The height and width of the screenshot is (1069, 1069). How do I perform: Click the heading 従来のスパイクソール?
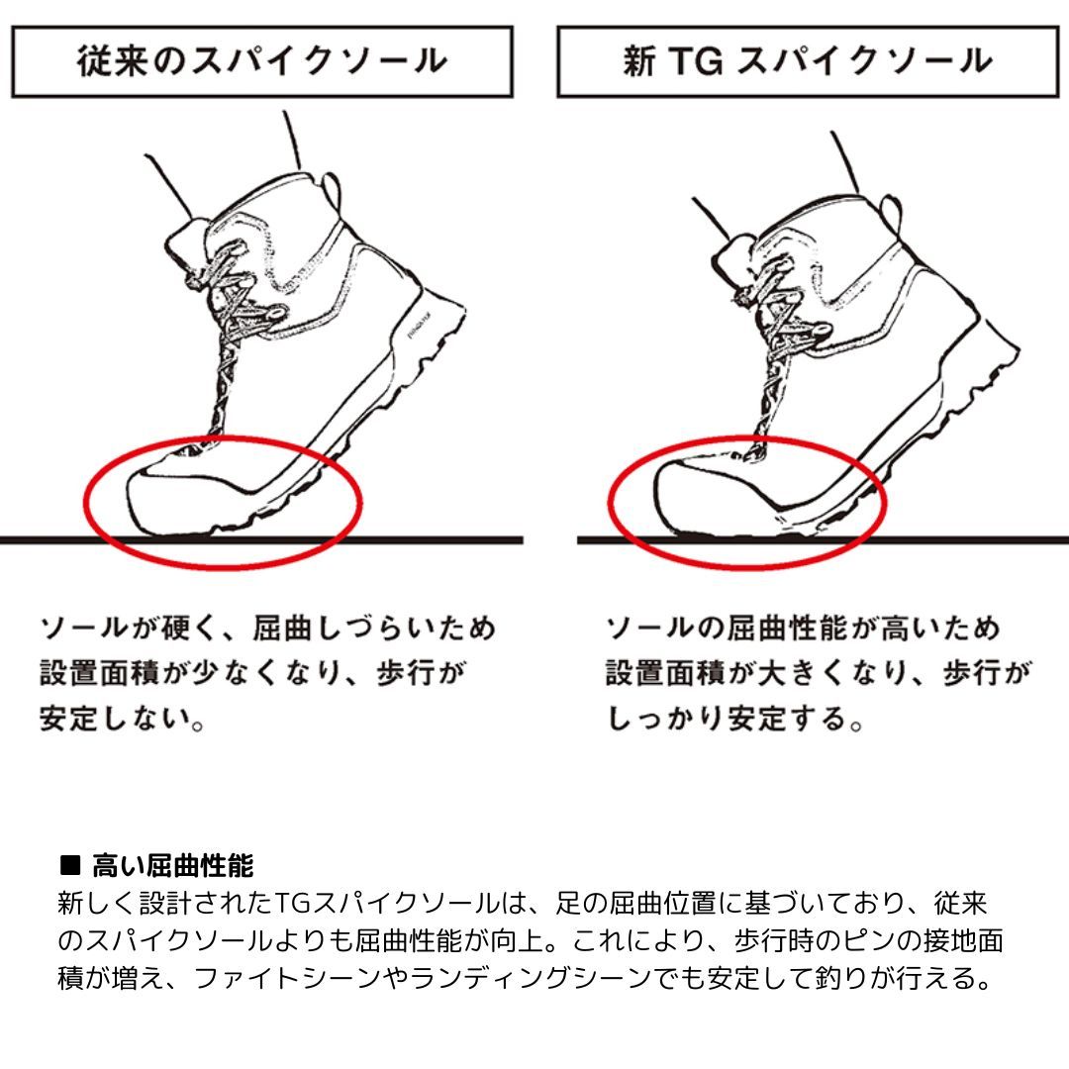261,60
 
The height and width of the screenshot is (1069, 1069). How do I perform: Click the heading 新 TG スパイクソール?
808,60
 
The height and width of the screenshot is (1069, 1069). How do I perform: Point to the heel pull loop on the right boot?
890,214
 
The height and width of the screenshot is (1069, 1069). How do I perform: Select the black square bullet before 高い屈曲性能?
70,865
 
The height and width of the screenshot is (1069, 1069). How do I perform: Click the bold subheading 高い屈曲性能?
173,866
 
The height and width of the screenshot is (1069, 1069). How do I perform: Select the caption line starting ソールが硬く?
268,628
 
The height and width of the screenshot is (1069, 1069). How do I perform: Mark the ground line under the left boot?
261,540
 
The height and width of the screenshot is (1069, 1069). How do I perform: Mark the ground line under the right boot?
823,540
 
